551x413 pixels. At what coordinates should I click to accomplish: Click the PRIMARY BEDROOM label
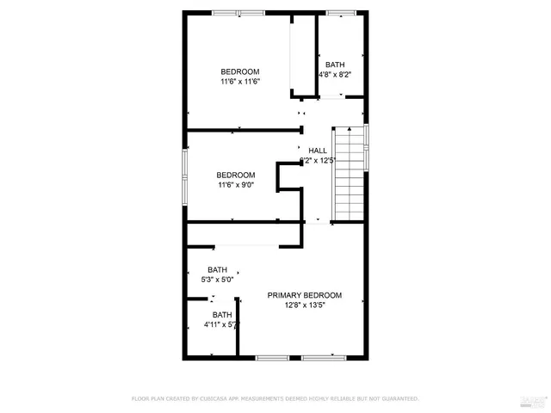click(x=304, y=295)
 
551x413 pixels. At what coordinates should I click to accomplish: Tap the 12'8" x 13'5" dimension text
click(x=304, y=305)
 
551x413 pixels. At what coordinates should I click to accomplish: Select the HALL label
click(x=319, y=151)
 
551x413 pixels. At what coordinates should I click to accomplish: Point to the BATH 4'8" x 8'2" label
click(x=335, y=70)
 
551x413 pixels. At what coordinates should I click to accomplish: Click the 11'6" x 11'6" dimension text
click(x=239, y=82)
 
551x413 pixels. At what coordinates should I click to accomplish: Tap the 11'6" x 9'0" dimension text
click(x=235, y=184)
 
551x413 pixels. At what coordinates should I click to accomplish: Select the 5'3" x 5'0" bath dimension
click(x=217, y=280)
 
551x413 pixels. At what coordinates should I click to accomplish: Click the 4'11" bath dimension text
click(x=220, y=325)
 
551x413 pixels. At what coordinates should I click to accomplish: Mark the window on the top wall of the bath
click(x=340, y=12)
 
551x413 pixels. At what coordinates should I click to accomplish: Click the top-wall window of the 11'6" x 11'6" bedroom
click(x=239, y=12)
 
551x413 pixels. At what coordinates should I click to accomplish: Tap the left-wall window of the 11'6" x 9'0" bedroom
click(x=183, y=176)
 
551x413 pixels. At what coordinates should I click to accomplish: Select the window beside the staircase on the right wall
click(x=368, y=148)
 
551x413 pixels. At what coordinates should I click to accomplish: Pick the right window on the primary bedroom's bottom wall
click(x=324, y=357)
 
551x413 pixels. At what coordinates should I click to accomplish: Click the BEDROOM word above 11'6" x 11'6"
click(x=239, y=71)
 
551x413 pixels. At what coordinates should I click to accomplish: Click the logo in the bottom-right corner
click(x=534, y=398)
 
